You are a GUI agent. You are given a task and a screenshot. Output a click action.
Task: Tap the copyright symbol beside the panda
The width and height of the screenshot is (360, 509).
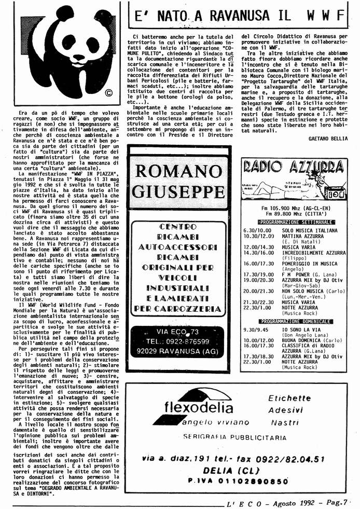[x=108, y=94]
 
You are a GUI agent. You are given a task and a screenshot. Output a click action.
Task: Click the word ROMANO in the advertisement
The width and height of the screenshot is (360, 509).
[x=177, y=172]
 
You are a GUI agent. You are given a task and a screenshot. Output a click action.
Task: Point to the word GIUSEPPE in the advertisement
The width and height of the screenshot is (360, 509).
[x=177, y=191]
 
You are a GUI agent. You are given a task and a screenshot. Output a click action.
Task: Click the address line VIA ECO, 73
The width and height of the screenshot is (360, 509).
[x=177, y=331]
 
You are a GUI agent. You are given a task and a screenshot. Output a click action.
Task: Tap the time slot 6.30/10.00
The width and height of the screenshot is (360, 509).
[x=258, y=230]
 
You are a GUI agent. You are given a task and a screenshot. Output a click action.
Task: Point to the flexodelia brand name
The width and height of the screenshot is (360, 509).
[x=195, y=407]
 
